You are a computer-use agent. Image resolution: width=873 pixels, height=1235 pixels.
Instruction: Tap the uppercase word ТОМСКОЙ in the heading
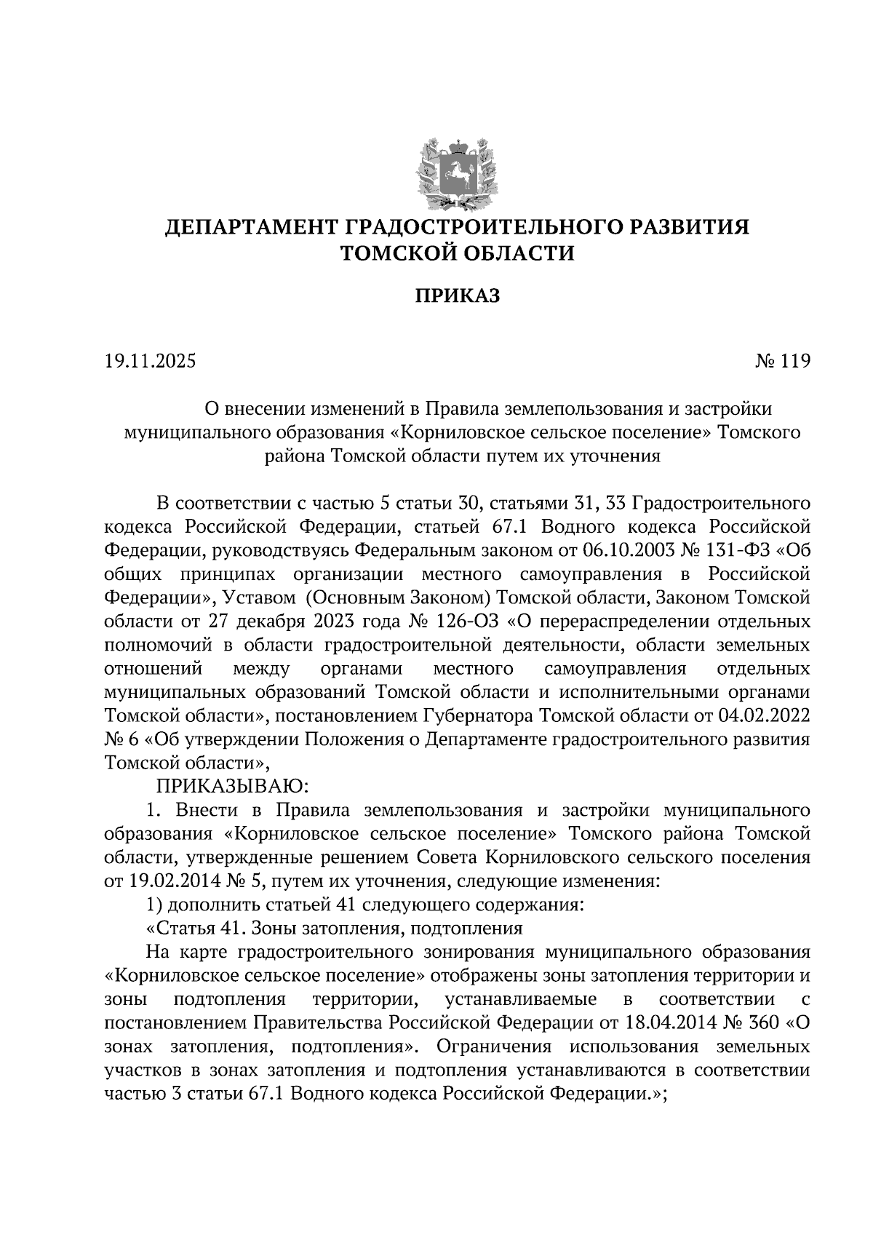pyautogui.click(x=399, y=253)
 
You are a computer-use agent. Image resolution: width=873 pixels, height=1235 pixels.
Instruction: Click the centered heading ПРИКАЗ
pyautogui.click(x=458, y=296)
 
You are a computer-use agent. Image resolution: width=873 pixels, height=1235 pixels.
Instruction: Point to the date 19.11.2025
pyautogui.click(x=151, y=361)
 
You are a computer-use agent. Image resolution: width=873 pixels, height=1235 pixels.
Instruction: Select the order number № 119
pyautogui.click(x=782, y=361)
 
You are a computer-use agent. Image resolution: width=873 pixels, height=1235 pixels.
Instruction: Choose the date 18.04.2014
pyautogui.click(x=667, y=1023)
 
